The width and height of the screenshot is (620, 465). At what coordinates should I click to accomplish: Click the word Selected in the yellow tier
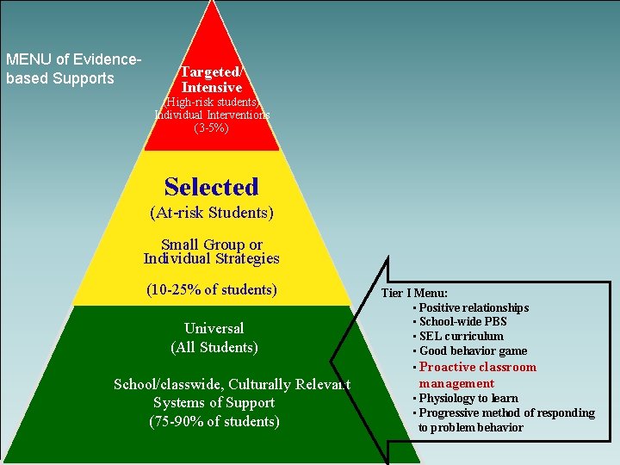[x=211, y=187]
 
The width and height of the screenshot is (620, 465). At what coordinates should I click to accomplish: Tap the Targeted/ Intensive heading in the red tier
[x=212, y=79]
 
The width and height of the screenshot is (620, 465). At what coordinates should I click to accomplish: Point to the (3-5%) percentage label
[x=212, y=127]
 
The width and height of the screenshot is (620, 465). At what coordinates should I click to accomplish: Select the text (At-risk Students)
[x=211, y=212]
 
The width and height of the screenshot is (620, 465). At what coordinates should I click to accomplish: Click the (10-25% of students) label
[x=212, y=289]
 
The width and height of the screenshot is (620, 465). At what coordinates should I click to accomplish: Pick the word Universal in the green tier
[x=214, y=328]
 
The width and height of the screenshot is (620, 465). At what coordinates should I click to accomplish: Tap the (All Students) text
[x=214, y=347]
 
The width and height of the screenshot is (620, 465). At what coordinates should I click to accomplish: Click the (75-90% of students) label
[x=214, y=421]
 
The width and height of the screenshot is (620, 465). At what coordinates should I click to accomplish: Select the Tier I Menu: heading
[x=414, y=293]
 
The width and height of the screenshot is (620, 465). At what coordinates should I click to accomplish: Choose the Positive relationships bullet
[x=474, y=307]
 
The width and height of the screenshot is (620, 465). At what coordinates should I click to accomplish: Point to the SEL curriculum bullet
[x=461, y=336]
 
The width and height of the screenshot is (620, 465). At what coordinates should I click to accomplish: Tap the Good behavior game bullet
[x=473, y=350]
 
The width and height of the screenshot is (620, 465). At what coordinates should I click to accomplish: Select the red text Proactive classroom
[x=477, y=367]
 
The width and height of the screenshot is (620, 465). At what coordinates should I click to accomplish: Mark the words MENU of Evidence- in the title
[x=74, y=59]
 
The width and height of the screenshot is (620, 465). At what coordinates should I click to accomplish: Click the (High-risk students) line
[x=212, y=102]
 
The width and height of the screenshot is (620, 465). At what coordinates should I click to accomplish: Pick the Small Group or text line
[x=212, y=245]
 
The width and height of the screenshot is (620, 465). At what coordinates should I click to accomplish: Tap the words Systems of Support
[x=214, y=402]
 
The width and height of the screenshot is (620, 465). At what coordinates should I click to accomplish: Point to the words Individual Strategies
[x=212, y=258]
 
